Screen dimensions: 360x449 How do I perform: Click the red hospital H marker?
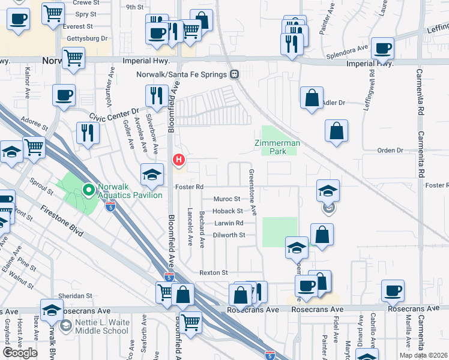(x=179, y=160)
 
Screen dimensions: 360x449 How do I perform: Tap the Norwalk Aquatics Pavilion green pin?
(x=89, y=191)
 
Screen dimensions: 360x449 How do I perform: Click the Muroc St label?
(x=227, y=199)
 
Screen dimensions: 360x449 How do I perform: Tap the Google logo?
(x=20, y=353)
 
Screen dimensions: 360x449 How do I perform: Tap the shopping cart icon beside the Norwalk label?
(x=73, y=58)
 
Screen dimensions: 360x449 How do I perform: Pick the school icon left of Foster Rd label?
(x=152, y=175)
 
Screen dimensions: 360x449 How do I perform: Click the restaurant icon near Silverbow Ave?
(x=155, y=96)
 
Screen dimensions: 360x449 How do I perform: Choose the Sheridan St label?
(x=75, y=296)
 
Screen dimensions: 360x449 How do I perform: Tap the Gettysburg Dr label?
(x=86, y=38)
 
